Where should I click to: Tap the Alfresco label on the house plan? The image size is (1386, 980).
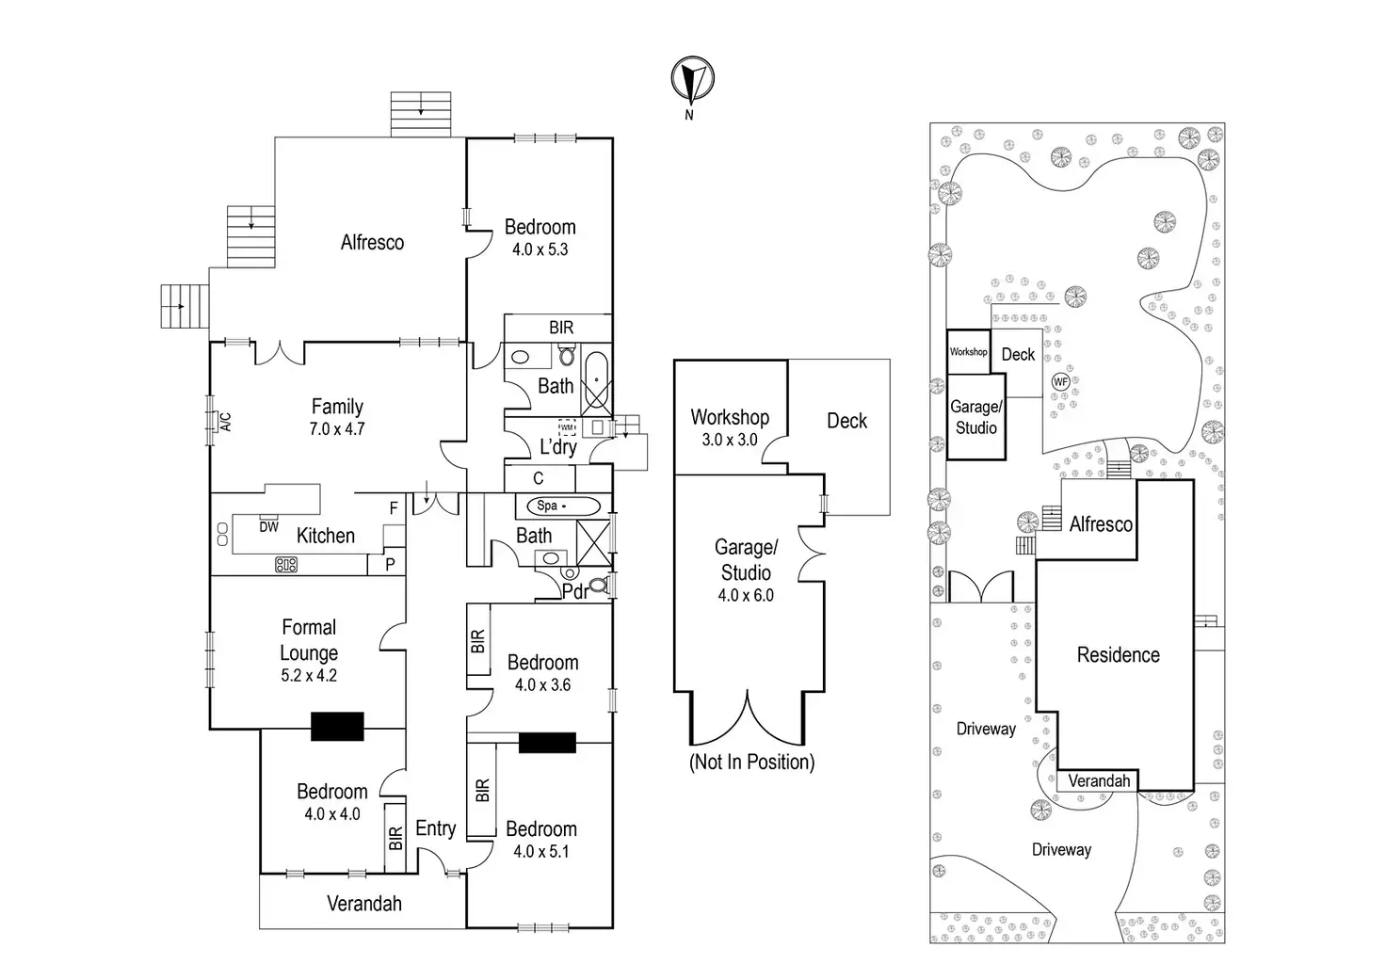click(x=372, y=243)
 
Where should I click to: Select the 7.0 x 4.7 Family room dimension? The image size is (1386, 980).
click(x=336, y=429)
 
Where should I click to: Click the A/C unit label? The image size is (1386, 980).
click(x=226, y=422)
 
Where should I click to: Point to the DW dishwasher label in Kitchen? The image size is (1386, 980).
click(x=269, y=527)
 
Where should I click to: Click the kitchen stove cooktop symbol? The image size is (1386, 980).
click(x=286, y=565)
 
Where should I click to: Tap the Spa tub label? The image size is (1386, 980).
click(x=547, y=506)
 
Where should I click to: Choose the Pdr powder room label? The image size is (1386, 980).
click(x=574, y=591)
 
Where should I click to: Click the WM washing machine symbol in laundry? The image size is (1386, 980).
click(x=567, y=427)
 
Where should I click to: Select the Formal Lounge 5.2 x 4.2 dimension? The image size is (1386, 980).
click(x=309, y=675)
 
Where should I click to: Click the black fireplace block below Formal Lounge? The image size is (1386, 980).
click(x=337, y=727)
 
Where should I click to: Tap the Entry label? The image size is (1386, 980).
click(x=435, y=828)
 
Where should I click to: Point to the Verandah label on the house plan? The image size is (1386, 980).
click(x=364, y=904)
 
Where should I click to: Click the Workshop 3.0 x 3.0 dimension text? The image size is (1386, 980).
click(x=730, y=440)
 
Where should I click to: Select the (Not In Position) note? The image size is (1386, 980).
click(x=751, y=762)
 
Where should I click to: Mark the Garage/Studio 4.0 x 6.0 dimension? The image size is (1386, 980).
click(x=746, y=595)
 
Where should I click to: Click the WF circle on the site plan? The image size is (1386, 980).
click(x=1061, y=382)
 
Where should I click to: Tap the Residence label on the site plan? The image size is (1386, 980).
click(x=1118, y=655)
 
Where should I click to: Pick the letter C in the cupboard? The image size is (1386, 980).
click(x=539, y=479)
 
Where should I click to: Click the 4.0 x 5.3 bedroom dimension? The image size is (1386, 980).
click(x=540, y=249)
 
